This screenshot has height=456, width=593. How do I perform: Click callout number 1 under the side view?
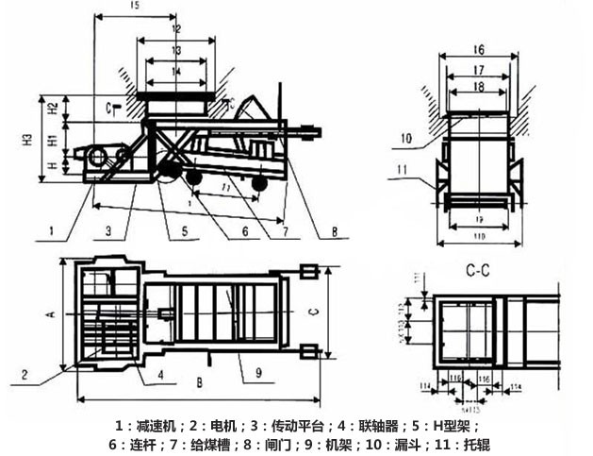click(53, 228)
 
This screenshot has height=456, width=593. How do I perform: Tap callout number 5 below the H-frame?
click(185, 228)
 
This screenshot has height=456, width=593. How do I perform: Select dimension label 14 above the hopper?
click(175, 72)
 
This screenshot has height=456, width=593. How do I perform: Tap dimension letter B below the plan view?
click(199, 384)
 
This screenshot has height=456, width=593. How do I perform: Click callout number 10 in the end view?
click(406, 138)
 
